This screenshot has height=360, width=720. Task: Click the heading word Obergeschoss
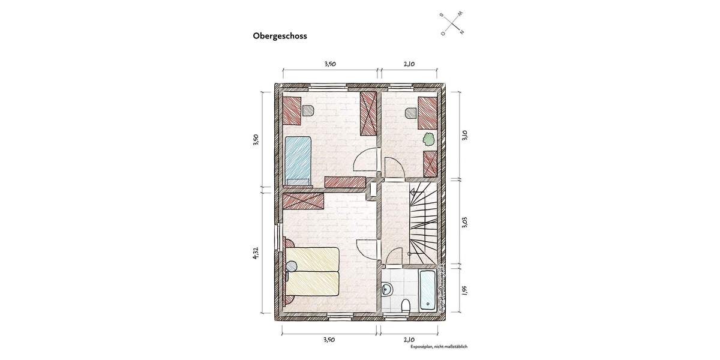[280, 36]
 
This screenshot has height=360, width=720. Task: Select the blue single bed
[298, 159]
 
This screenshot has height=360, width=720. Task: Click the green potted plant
[428, 139]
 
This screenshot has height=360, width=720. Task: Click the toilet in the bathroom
[406, 306]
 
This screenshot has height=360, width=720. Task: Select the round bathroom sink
[387, 290]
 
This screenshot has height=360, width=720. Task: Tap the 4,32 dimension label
[256, 253]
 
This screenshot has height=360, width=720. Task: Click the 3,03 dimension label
[465, 222]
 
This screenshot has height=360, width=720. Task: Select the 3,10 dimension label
[465, 135]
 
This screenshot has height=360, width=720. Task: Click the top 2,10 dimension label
[409, 63]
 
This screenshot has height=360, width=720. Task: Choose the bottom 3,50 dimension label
[329, 340]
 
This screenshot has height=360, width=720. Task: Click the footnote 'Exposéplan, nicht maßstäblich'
[439, 347]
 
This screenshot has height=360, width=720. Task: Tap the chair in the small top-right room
[411, 112]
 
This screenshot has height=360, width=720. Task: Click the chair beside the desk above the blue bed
[308, 110]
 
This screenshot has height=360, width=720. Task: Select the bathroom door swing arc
[393, 257]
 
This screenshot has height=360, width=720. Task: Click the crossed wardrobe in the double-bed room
[304, 200]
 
